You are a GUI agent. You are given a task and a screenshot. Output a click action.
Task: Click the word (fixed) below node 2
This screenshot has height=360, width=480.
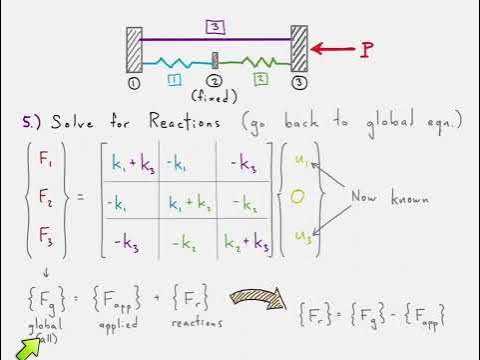point(214,96)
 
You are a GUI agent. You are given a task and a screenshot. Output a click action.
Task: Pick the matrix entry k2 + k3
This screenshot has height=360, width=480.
point(247,241)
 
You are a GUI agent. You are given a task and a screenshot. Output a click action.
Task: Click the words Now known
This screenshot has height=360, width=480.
point(390,197)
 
